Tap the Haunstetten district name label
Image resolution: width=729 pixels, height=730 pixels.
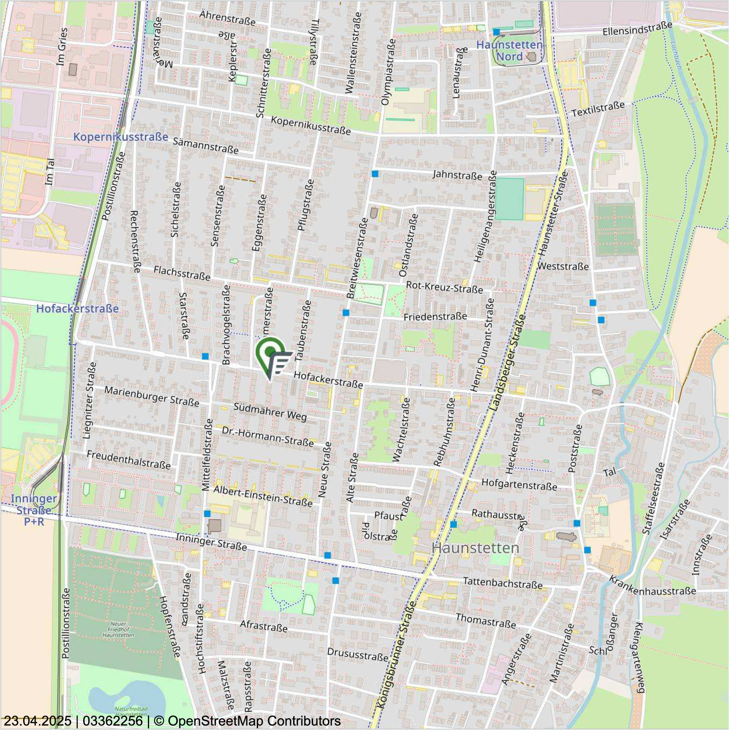pyautogui.click(x=475, y=548)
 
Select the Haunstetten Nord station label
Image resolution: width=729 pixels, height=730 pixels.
pyautogui.click(x=509, y=50)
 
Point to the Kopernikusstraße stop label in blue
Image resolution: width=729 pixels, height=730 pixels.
pyautogui.click(x=121, y=137)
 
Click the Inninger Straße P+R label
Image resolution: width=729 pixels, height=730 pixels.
pyautogui.click(x=34, y=510)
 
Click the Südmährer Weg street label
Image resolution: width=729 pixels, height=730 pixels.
pyautogui.click(x=270, y=412)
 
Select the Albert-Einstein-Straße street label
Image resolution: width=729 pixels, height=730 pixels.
pyautogui.click(x=263, y=496)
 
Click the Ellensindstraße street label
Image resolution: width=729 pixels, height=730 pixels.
pyautogui.click(x=637, y=28)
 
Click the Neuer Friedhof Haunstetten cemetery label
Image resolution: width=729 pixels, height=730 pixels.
pyautogui.click(x=118, y=629)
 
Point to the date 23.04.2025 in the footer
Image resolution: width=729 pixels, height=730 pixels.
pyautogui.click(x=38, y=721)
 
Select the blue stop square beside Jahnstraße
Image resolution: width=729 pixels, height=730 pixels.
pyautogui.click(x=375, y=174)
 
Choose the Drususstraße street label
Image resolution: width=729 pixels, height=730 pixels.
pyautogui.click(x=358, y=654)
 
